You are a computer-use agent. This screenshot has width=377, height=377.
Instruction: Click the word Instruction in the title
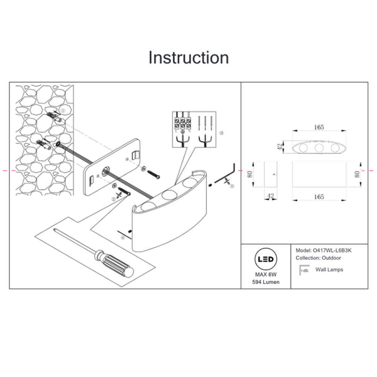[188, 58]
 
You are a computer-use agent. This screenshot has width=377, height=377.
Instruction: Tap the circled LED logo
[266, 259]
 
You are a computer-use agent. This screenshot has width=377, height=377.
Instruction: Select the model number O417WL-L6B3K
[334, 250]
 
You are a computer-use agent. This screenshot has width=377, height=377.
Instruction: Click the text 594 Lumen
[266, 282]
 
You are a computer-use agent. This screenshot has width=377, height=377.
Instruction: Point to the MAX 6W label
[266, 275]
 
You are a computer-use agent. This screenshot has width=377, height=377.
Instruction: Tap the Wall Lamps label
[329, 270]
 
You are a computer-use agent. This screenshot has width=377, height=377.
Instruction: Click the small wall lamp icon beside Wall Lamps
[304, 269]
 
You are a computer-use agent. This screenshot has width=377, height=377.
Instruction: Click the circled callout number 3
[221, 133]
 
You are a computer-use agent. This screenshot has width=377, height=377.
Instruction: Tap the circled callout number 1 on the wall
[63, 110]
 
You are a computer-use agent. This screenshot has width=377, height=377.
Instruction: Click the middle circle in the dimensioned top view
[319, 148]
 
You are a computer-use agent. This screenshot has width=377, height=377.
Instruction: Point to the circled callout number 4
[123, 238]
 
